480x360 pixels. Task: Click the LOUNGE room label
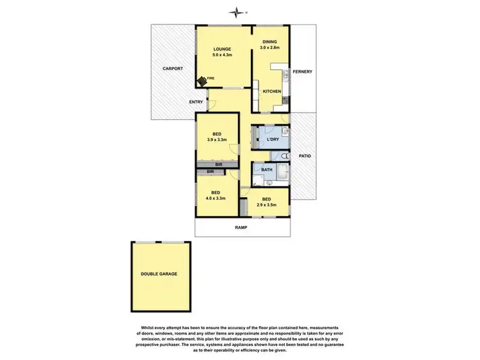tap(222, 49)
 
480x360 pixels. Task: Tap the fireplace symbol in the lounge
tap(203, 80)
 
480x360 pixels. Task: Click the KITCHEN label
tap(272, 92)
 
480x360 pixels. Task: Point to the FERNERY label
tap(302, 71)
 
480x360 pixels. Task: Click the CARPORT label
tap(172, 68)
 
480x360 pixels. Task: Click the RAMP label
tap(241, 227)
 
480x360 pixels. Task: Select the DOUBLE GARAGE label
tap(159, 274)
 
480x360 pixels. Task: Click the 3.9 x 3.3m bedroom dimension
tap(217, 140)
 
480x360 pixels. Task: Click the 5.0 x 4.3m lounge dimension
tap(222, 55)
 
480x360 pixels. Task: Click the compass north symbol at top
tap(238, 11)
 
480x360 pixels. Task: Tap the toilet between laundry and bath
tap(284, 155)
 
